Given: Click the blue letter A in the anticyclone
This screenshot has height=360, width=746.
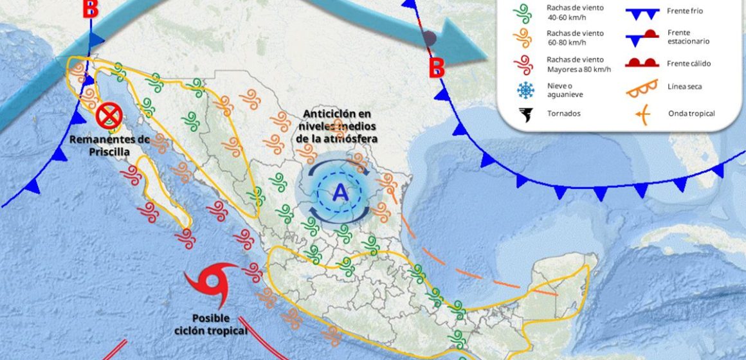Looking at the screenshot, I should pyautogui.click(x=340, y=192).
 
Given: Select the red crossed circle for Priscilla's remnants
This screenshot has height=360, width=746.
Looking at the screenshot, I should pyautogui.click(x=109, y=116).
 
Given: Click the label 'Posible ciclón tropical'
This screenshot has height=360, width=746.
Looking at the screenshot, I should pyautogui.click(x=210, y=324).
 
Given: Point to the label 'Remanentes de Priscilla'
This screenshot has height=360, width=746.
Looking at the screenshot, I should pyautogui.click(x=109, y=145).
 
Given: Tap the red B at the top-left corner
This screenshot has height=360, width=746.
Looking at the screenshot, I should pyautogui.click(x=91, y=9).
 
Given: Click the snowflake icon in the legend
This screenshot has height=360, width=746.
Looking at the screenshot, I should pyautogui.click(x=525, y=91).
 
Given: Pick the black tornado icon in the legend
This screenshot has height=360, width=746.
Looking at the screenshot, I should pyautogui.click(x=525, y=114).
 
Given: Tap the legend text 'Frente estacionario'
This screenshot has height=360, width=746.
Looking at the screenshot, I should pyautogui.click(x=688, y=37).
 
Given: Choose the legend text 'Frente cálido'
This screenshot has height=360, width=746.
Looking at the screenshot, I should pyautogui.click(x=689, y=63).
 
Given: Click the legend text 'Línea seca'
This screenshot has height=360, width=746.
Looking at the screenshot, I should pyautogui.click(x=685, y=87).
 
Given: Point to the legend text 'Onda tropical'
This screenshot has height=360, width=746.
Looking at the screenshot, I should pyautogui.click(x=691, y=114).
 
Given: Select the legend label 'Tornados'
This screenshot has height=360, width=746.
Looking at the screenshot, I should pyautogui.click(x=563, y=113).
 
